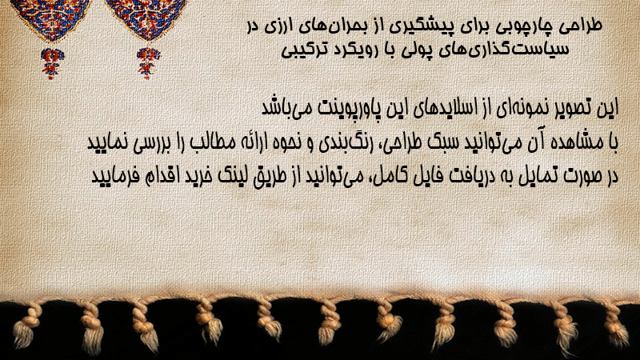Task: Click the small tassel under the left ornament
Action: (52, 63)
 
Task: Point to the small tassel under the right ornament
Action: (148, 62)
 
